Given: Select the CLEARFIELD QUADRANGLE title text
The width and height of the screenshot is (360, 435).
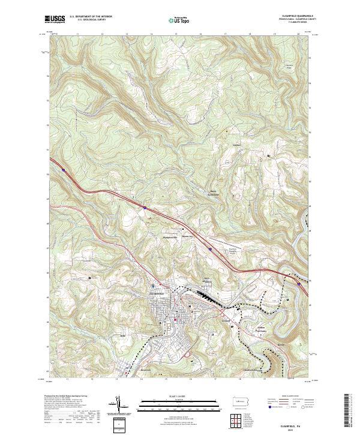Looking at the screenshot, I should click(297, 16).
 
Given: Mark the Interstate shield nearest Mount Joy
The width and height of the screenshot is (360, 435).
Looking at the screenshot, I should click(210, 248).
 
